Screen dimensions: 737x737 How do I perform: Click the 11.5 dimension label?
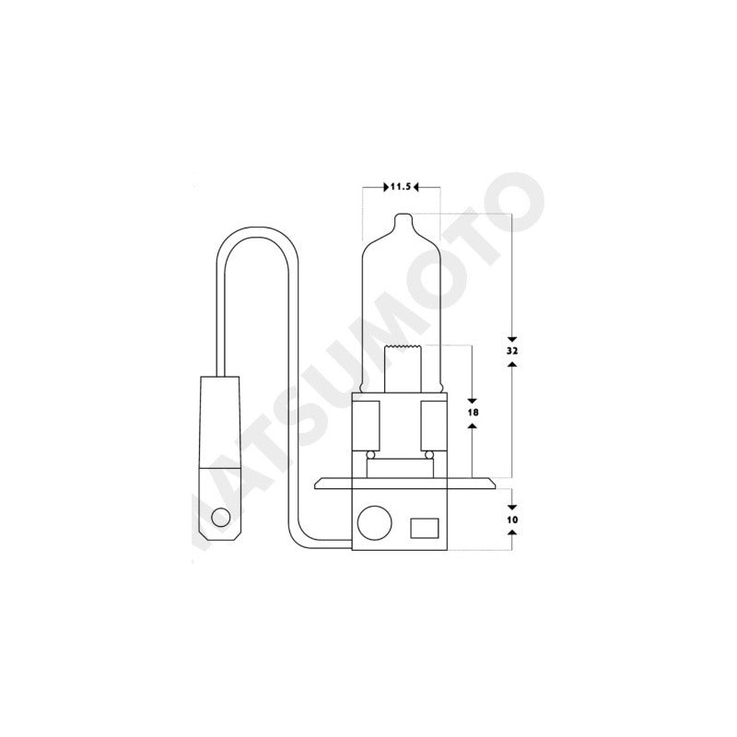401,187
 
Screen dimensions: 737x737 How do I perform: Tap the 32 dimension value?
512,351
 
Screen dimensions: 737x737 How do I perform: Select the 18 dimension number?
473,412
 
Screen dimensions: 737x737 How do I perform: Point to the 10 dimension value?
512,520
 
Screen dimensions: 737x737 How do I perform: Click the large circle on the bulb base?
375,522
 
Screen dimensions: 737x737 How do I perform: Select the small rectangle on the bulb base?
425,528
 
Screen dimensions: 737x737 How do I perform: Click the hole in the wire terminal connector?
220,518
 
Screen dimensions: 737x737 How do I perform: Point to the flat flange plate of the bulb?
404,483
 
